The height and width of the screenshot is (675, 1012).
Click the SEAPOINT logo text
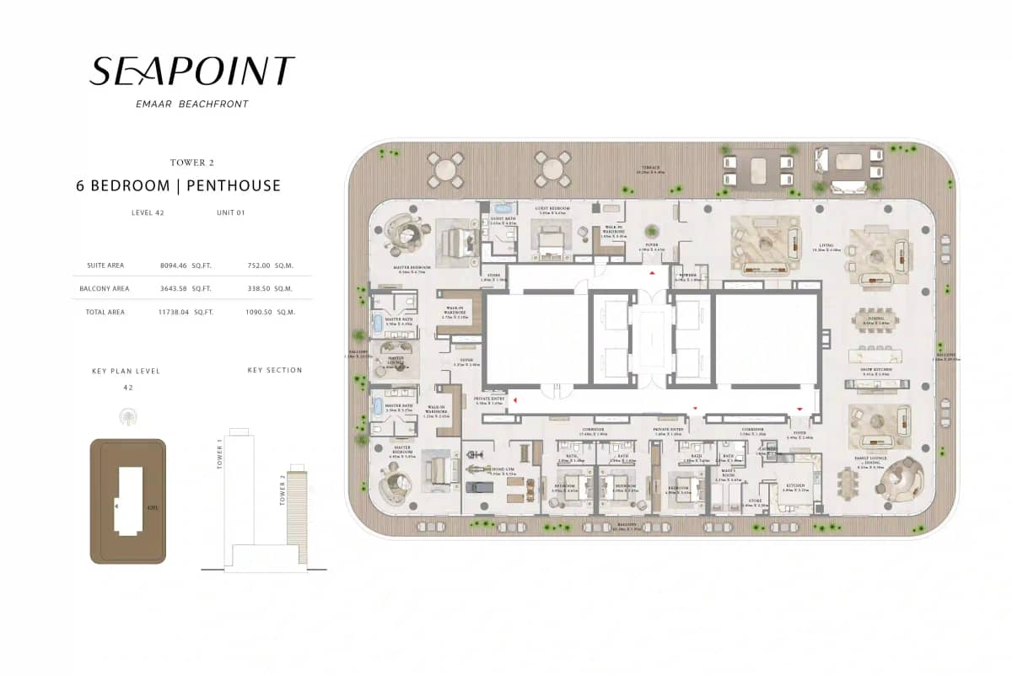[191, 72]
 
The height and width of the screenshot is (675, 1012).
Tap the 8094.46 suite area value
[174, 265]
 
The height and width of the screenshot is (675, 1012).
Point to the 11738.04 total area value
[176, 312]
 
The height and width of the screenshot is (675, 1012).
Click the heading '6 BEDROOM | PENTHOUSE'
[178, 185]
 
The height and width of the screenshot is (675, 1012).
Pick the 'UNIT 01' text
[230, 213]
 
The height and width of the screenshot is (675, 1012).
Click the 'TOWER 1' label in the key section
[219, 453]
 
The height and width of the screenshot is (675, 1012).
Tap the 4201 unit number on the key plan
[152, 508]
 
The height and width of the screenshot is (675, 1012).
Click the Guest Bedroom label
[553, 206]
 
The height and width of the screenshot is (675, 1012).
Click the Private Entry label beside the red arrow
[487, 400]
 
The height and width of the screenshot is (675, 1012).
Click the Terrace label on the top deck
[651, 169]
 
